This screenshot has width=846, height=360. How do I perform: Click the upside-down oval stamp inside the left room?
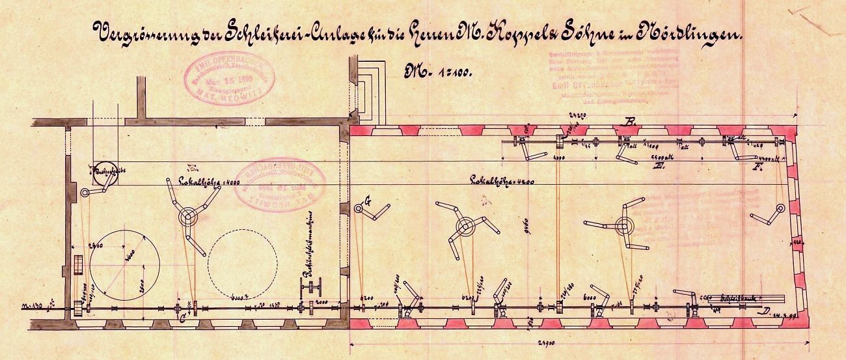(279, 184)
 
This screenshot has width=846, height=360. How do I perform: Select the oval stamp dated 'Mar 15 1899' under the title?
(230, 77)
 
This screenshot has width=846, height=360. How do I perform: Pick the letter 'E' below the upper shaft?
(659, 167)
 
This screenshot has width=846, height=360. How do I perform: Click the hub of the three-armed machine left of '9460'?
(465, 227)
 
